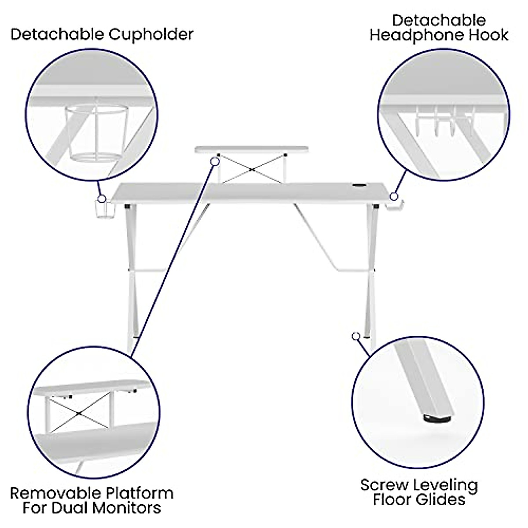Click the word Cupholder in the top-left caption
click(x=151, y=34)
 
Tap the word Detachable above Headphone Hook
click(x=439, y=20)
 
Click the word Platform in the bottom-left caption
click(x=139, y=492)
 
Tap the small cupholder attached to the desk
click(x=102, y=210)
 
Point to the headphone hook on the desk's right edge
click(x=396, y=207)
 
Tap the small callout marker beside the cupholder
click(x=101, y=198)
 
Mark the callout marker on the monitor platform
click(x=215, y=161)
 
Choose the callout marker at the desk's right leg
click(x=356, y=336)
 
